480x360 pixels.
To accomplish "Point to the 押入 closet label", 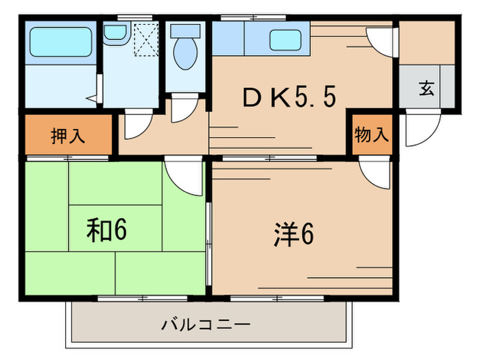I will (x=68, y=135).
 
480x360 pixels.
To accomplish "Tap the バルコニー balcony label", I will (x=206, y=323).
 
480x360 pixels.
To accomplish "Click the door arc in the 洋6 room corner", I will (x=374, y=173).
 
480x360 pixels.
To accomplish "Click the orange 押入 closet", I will (x=68, y=135).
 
